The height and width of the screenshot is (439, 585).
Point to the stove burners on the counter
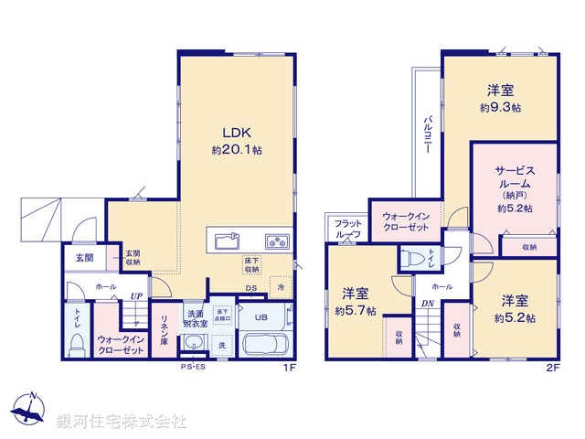(x=276, y=241)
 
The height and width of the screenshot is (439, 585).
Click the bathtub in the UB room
(x=266, y=347)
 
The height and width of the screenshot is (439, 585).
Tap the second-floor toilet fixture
(x=413, y=256)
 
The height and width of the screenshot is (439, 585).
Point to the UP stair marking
(x=135, y=296)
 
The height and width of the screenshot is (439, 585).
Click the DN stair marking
(x=428, y=304)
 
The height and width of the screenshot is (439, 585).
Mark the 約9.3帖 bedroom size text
(x=499, y=108)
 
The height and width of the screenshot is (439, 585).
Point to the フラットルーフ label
(x=347, y=230)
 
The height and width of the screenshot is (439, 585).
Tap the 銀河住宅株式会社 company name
(x=121, y=422)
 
